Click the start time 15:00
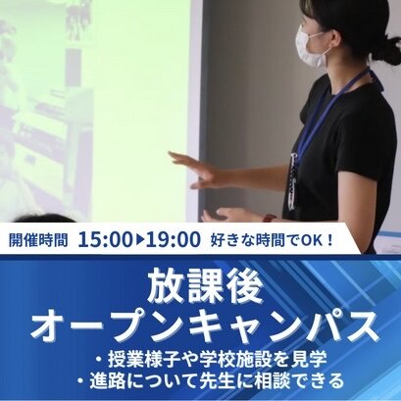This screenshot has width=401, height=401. click(x=105, y=239)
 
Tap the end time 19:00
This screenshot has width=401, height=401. click(x=174, y=239)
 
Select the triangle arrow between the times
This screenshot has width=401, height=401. click(x=139, y=240)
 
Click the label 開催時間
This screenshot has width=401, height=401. click(x=38, y=240)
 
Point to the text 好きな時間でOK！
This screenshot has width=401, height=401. click(x=272, y=241)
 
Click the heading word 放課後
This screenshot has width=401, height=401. click(x=205, y=285)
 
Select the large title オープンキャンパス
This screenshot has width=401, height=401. click(x=205, y=326)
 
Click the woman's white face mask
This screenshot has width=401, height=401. click(x=311, y=47)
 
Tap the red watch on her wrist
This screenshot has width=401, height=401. click(x=270, y=218)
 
